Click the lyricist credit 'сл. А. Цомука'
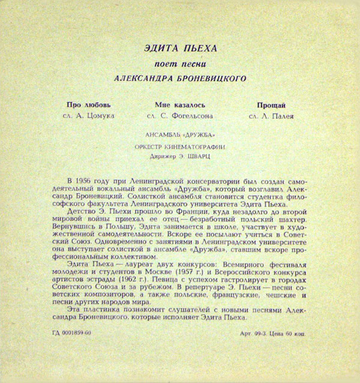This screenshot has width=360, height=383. [88, 115]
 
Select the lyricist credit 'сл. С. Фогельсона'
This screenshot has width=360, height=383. [179, 115]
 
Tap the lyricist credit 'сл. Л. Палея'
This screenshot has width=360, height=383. [270, 115]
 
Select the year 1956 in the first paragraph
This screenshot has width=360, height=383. [88, 181]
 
